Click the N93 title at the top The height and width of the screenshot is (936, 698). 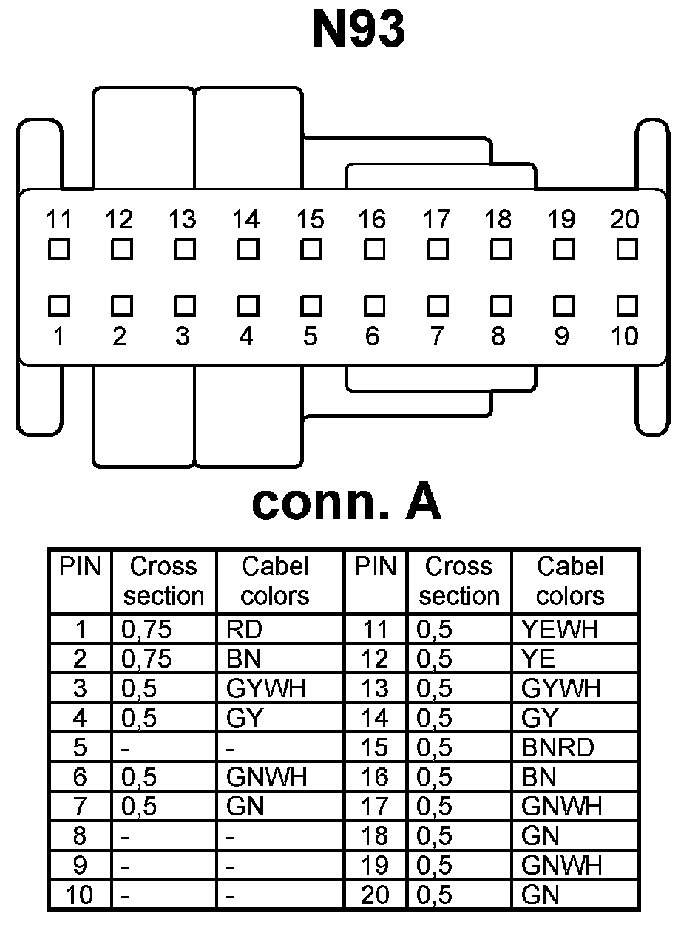tap(359, 31)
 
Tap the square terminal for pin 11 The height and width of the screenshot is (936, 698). tap(58, 249)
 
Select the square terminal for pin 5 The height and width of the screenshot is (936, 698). tap(311, 305)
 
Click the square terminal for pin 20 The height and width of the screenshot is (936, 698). tap(626, 249)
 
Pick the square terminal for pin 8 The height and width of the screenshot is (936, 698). tap(501, 305)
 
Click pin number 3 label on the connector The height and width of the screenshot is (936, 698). tap(183, 336)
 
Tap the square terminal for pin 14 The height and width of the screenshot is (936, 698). tap(248, 249)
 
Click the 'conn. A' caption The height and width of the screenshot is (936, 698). tap(347, 503)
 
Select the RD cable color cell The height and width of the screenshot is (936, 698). tap(245, 629)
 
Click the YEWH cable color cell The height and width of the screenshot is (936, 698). tap(560, 629)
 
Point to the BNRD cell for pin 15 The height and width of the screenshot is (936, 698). tap(558, 747)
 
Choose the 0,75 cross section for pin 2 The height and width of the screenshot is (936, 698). tap(146, 659)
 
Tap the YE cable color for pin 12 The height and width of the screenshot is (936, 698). tap(538, 659)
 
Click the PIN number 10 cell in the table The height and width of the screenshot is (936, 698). tap(80, 895)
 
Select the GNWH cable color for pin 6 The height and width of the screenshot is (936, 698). tap(266, 777)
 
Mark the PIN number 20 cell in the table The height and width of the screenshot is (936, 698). tap(376, 895)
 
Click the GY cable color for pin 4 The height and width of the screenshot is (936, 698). tap(245, 718)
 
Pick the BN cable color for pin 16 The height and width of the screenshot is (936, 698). tap(539, 777)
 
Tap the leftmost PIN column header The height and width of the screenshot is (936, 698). tap(80, 567)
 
